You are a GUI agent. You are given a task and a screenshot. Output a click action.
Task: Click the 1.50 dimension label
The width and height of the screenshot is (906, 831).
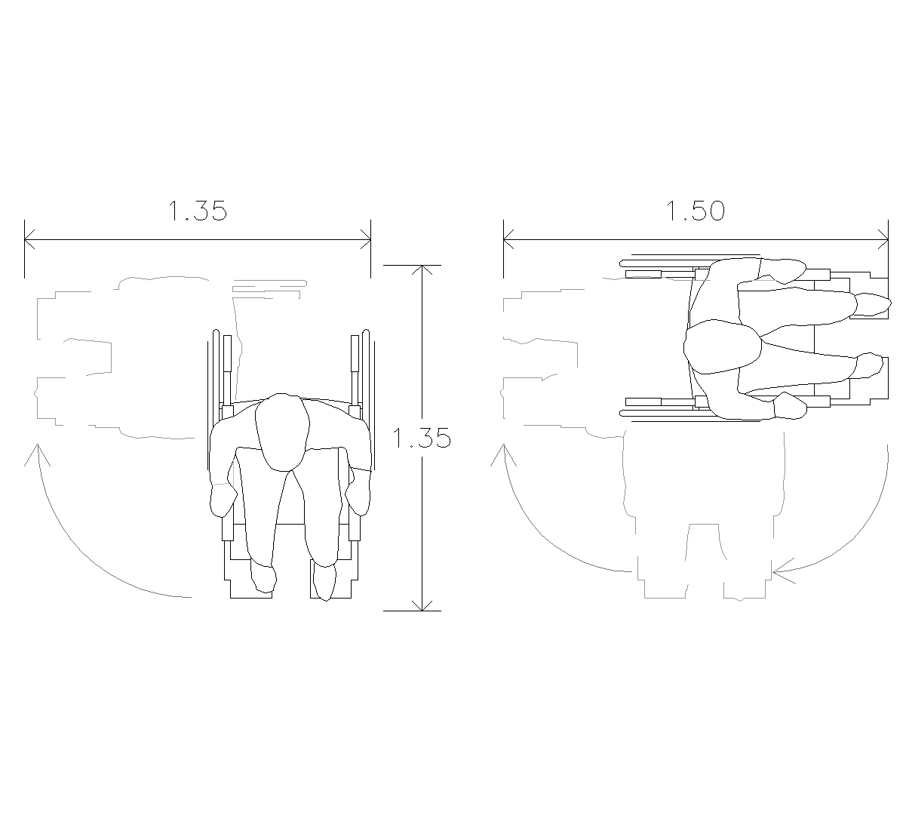[x=695, y=211]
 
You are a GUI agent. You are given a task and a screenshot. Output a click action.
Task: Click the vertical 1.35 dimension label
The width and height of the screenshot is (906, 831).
[x=422, y=438]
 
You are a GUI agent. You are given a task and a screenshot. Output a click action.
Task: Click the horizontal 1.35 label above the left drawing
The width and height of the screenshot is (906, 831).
[x=198, y=211]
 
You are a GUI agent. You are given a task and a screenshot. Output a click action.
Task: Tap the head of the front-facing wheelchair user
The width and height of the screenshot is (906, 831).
[x=282, y=432]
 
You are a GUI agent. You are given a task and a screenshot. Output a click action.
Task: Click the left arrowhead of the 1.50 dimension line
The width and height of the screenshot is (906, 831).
[x=509, y=239]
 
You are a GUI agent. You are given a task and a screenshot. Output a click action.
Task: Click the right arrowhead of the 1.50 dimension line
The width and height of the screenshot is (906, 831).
[x=883, y=239]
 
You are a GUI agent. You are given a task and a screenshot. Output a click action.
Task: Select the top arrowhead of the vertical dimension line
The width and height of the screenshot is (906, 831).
[x=422, y=269]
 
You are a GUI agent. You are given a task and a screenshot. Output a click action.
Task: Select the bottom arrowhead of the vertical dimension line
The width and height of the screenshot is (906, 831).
[x=422, y=606]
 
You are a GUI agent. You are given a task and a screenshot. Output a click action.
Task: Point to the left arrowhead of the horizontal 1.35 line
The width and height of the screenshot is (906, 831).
[x=30, y=239]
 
